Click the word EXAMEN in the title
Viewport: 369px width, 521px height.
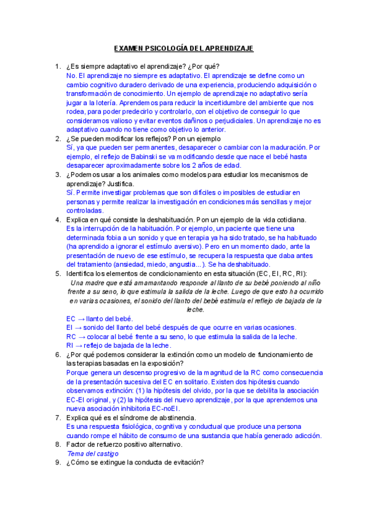pos(128,49)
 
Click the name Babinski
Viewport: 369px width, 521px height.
pos(126,156)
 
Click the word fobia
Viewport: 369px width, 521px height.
pos(124,237)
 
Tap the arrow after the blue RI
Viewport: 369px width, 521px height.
pos(80,346)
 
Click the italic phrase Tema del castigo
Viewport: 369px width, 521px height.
pos(93,453)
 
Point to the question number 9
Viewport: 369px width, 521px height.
pos(57,462)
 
